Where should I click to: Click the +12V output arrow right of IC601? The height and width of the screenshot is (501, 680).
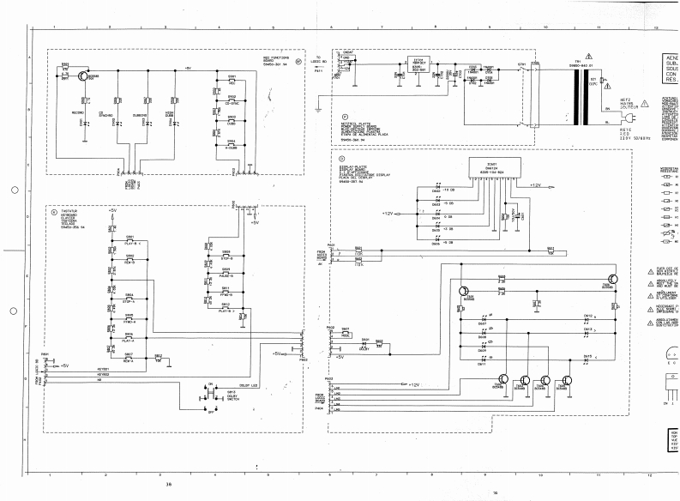click(x=533, y=184)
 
